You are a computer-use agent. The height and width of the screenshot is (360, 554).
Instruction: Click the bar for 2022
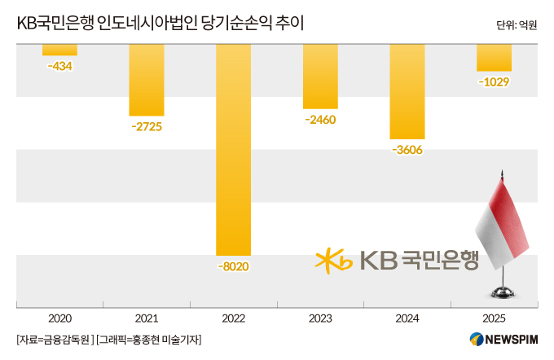[234, 150]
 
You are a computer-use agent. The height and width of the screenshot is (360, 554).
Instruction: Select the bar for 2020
[59, 50]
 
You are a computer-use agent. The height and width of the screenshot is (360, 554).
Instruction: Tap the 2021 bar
[147, 80]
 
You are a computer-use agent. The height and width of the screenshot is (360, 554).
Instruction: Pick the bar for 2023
[320, 77]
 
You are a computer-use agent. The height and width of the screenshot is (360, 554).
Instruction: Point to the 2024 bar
[407, 91]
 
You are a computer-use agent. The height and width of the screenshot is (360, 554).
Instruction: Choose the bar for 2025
[495, 58]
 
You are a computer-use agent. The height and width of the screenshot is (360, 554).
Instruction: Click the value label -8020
[234, 266]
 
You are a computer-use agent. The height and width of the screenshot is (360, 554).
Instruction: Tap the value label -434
[59, 66]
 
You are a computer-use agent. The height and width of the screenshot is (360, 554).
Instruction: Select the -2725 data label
[147, 126]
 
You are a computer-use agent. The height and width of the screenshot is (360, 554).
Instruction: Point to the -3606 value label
[407, 150]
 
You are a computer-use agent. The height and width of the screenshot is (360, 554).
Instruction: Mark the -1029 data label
[494, 82]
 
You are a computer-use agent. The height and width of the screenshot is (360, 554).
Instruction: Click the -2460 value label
[320, 120]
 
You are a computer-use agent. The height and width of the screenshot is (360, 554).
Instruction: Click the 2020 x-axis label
[59, 318]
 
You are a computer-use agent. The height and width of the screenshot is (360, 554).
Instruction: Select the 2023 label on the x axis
[320, 318]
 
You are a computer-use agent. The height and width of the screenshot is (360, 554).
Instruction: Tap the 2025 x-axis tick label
[494, 318]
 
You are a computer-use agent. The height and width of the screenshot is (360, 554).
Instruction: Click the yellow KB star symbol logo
[333, 261]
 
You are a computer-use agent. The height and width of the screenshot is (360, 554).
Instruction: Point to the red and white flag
[502, 223]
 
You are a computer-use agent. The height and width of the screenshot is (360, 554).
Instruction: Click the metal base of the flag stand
[503, 293]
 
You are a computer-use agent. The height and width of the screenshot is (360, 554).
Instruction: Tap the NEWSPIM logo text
[512, 340]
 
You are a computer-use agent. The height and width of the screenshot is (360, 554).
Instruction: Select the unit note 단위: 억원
[517, 25]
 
